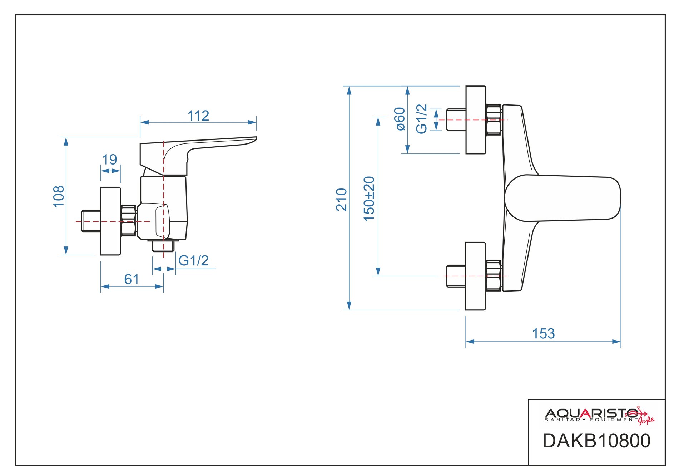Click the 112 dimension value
tap(198, 116)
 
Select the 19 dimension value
tap(109, 160)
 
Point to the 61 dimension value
tap(132, 279)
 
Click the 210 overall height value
tap(342, 199)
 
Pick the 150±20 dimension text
tap(369, 199)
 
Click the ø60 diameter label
tap(400, 119)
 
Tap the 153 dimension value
tap(543, 334)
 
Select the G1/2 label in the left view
tap(193, 260)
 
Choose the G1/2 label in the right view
tap(422, 119)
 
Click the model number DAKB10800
tap(596, 441)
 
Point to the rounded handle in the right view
tap(563, 198)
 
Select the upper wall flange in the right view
tap(476, 120)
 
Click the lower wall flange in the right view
tap(476, 276)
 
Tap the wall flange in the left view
tap(110, 221)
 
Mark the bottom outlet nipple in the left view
tap(163, 246)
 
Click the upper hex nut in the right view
tap(494, 119)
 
